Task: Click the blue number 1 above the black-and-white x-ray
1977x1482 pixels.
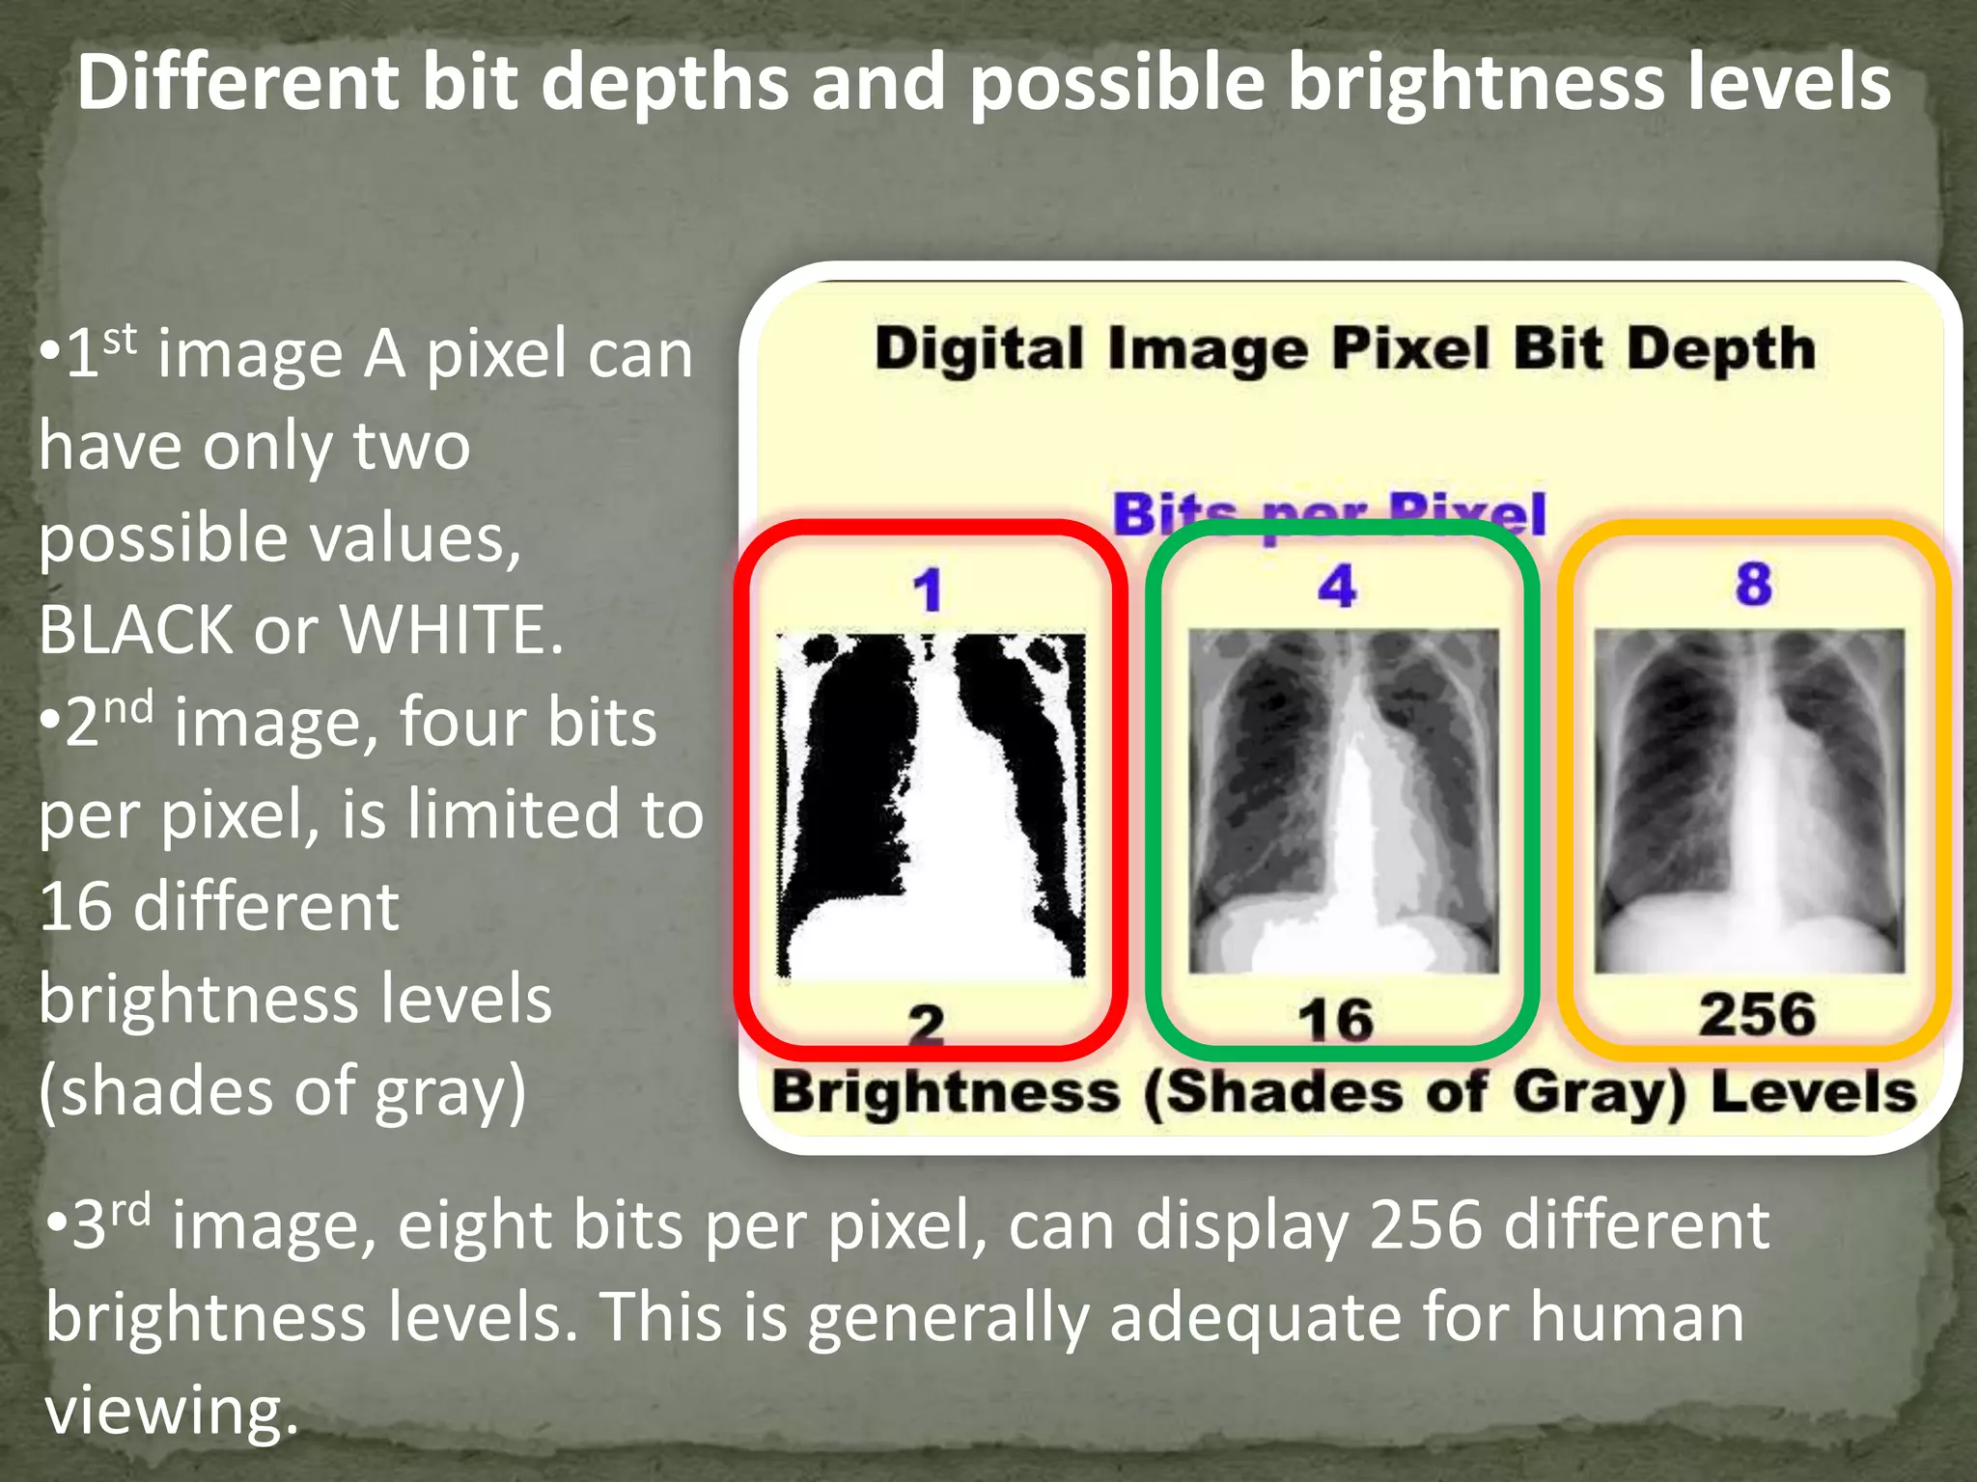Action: tap(929, 590)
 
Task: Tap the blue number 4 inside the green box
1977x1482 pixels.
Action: tap(1338, 586)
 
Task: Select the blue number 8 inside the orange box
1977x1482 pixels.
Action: tap(1753, 584)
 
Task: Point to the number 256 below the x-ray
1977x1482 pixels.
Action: tap(1757, 1014)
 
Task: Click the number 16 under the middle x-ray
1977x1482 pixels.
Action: tap(1336, 1020)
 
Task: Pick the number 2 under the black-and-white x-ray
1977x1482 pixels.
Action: tap(927, 1024)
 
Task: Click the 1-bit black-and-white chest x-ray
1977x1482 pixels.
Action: tap(932, 806)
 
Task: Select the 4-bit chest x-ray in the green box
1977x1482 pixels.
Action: tap(1343, 801)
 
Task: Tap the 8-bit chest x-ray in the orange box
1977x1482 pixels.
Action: tap(1749, 801)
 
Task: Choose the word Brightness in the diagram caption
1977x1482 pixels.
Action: tap(946, 1093)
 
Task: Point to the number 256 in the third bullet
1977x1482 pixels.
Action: tap(1425, 1225)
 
